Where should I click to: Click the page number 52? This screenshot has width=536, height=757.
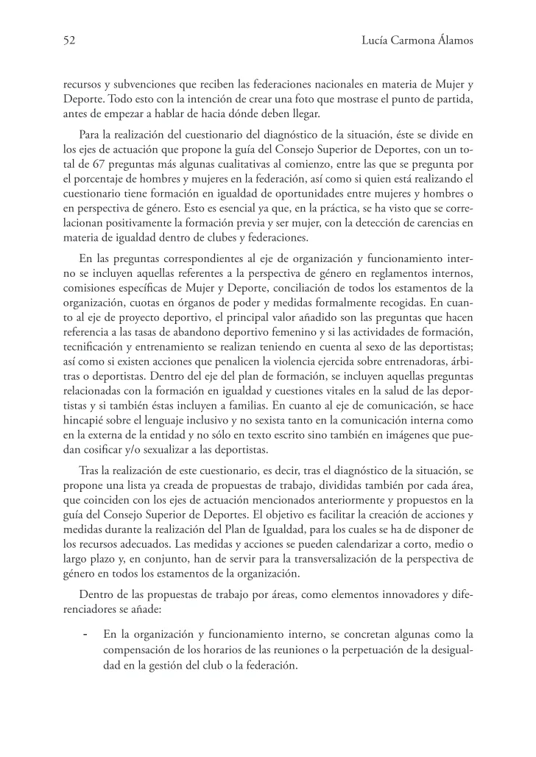point(69,41)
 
